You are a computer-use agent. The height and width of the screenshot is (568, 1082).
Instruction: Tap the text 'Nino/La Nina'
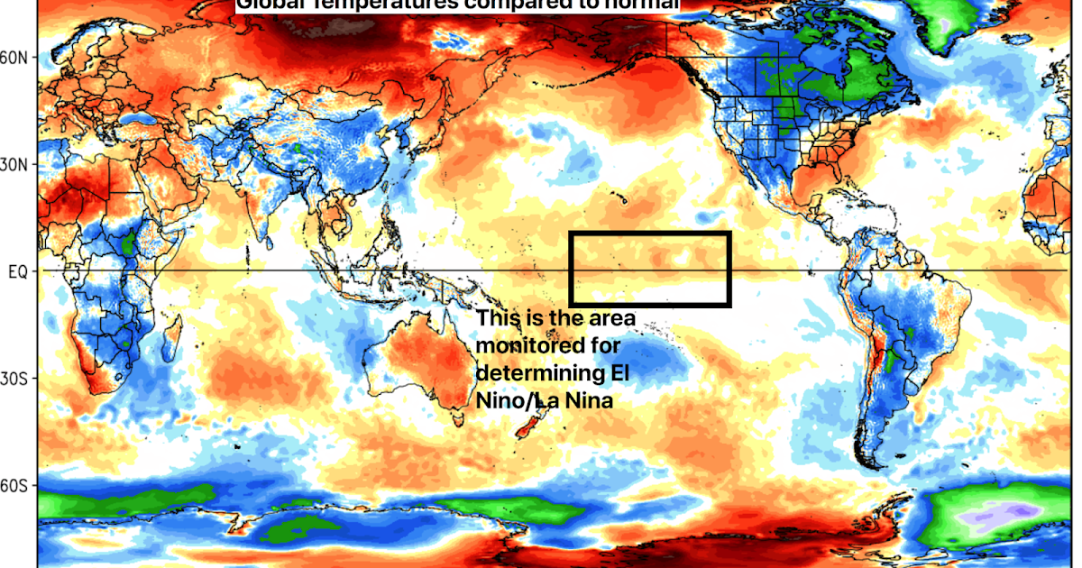pos(545,400)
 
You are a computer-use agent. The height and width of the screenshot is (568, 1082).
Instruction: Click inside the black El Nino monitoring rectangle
pos(649,269)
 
